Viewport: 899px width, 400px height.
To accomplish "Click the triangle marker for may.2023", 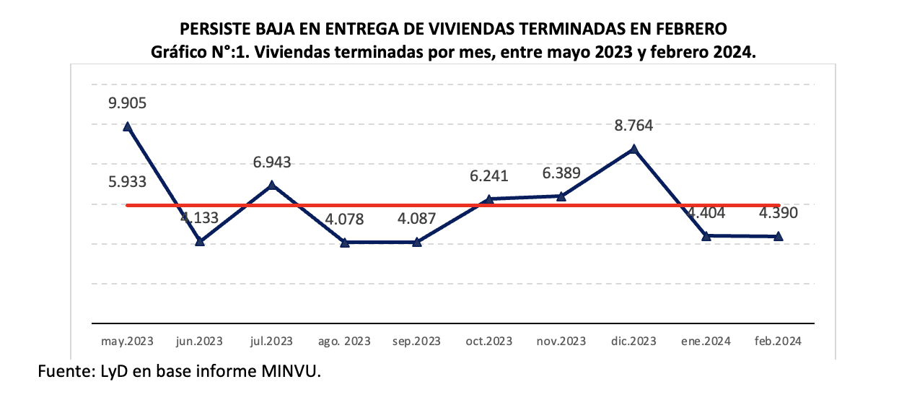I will click(128, 126).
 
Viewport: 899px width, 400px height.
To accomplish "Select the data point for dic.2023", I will click(633, 149).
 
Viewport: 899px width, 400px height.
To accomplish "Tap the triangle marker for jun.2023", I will click(200, 241).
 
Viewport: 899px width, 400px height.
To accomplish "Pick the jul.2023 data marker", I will click(272, 185).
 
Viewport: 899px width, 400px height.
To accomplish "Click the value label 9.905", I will click(128, 103).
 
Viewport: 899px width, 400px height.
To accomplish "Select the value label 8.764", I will click(633, 126).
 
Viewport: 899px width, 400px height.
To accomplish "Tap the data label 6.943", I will click(272, 163).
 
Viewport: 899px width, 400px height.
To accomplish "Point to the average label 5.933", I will click(128, 182).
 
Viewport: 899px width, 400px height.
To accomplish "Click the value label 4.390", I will click(779, 213).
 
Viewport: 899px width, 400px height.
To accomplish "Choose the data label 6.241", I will click(489, 175).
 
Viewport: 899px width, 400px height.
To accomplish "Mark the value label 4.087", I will click(416, 219).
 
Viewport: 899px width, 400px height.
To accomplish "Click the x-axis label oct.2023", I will click(489, 341).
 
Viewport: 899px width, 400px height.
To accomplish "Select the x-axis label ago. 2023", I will click(345, 341).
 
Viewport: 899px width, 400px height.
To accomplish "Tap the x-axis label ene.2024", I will click(706, 341).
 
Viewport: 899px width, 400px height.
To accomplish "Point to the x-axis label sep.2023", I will click(416, 341).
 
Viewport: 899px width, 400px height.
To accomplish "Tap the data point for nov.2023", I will click(561, 196).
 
